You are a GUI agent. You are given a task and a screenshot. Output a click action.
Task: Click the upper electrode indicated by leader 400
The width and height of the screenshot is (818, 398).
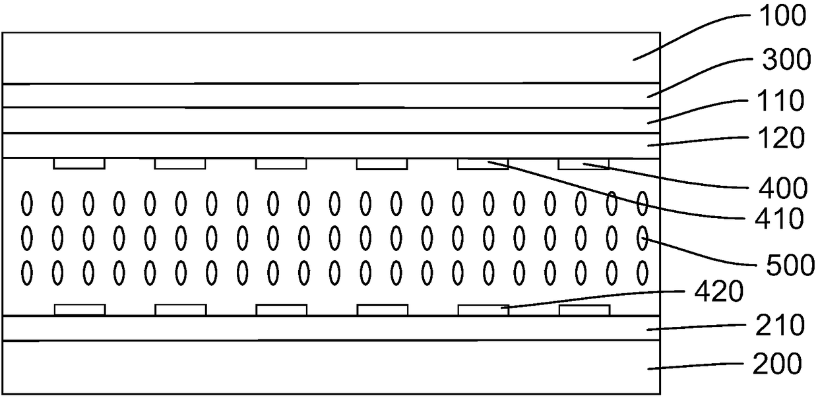[x=584, y=163]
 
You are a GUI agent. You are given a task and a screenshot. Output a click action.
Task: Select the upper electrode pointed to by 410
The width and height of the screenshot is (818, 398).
[x=483, y=163]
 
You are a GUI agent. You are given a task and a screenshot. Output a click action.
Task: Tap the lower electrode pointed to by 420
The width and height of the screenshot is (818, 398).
[x=483, y=310]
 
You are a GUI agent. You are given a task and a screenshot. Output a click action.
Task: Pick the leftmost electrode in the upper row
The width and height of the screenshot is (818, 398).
[x=79, y=163]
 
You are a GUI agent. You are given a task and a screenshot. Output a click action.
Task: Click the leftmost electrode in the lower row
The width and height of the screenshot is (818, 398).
[x=79, y=310]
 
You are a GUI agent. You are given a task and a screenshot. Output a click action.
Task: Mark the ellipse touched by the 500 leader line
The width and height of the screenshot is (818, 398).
[x=643, y=236]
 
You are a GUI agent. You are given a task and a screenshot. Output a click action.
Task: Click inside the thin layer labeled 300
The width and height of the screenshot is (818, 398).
[x=330, y=96]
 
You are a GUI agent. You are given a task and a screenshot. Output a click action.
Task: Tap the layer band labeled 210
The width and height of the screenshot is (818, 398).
[x=330, y=328]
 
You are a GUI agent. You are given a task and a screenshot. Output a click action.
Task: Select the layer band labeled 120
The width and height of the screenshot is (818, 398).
[x=330, y=146]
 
